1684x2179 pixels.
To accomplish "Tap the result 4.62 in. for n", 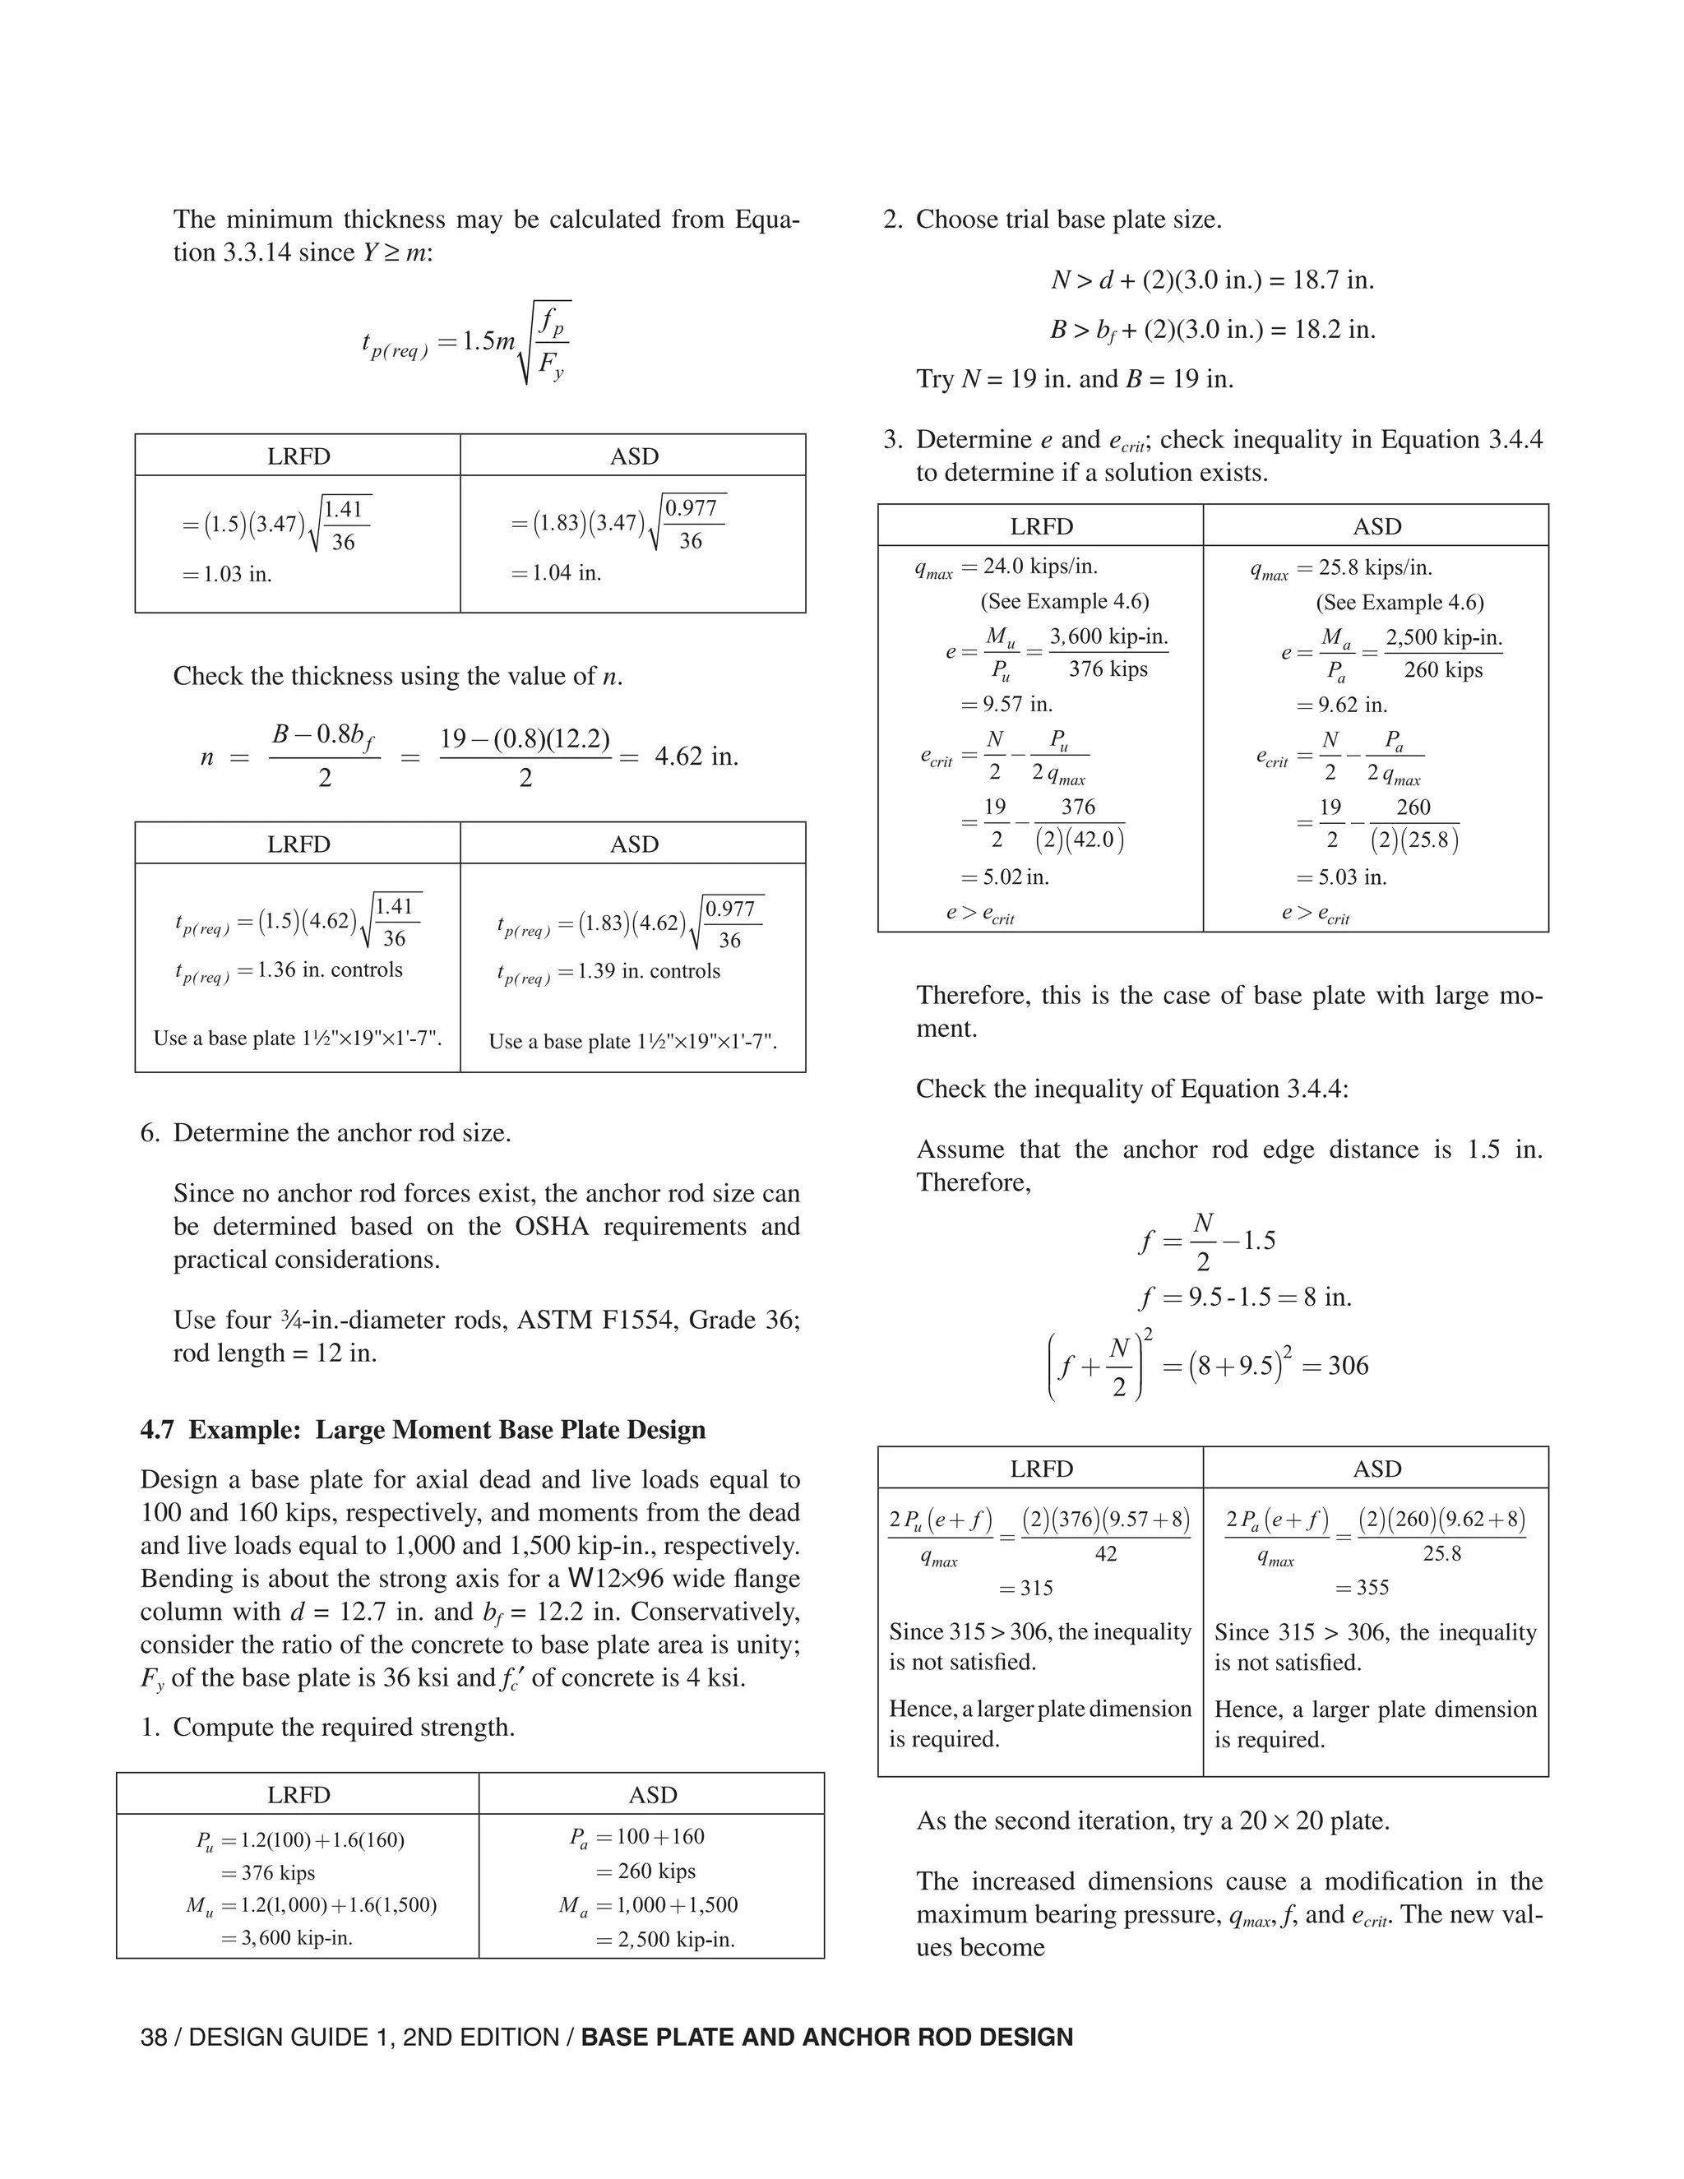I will [x=696, y=756].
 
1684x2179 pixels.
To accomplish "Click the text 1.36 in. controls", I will [x=329, y=969].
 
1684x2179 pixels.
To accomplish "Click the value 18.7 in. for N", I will [x=1333, y=280].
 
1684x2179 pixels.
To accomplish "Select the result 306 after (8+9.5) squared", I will [x=1348, y=1366].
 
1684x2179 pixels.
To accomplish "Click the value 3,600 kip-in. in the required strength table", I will [x=296, y=1939].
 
